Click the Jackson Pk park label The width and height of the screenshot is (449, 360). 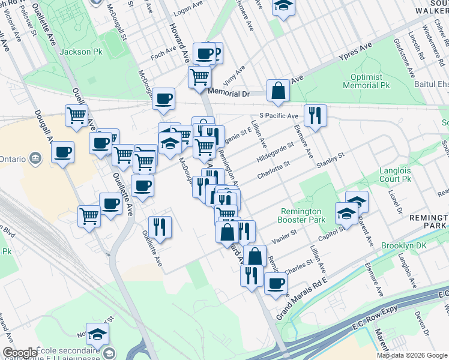coord(80,52)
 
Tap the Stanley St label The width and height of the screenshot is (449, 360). coord(330,160)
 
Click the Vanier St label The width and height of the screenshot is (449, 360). coord(285,236)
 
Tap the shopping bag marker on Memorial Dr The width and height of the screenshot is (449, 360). coord(278,91)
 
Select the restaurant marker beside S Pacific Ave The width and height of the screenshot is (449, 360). coord(315,116)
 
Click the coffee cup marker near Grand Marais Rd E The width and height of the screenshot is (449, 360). coord(276,283)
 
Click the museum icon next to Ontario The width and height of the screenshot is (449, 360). coord(35,158)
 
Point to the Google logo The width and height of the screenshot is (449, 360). coord(19,353)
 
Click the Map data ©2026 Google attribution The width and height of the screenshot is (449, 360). coord(412,355)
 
